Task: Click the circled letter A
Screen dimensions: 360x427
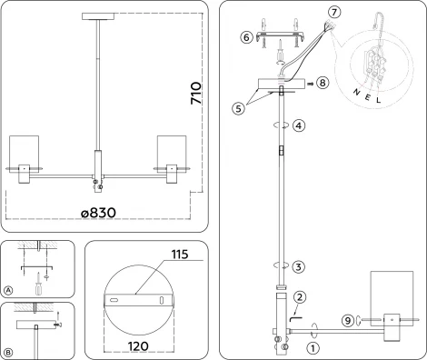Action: [8, 290]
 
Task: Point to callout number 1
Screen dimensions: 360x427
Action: [313, 346]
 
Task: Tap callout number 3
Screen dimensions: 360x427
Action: [299, 266]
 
